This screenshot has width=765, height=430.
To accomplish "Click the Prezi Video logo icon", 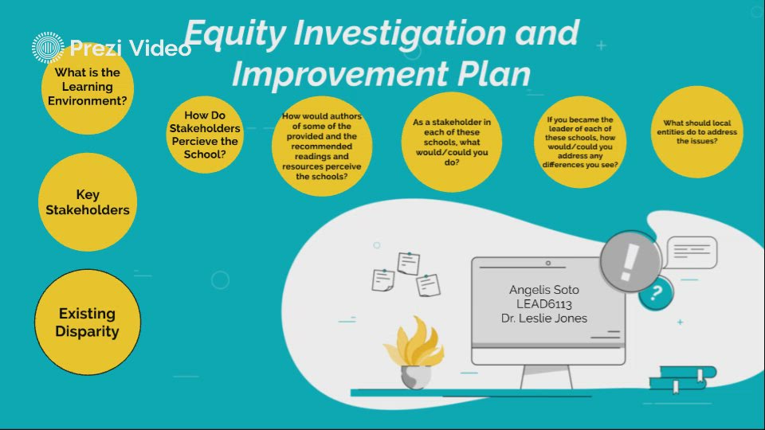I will coord(48,48).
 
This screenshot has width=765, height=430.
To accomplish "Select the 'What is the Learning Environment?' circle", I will coord(87,88).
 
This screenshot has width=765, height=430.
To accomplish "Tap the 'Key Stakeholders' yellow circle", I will coord(87,202).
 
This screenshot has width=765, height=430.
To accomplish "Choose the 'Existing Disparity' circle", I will coord(87,322).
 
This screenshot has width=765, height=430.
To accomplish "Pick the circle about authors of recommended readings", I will coord(321,147).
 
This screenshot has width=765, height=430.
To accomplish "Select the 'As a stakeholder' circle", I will coord(451,143).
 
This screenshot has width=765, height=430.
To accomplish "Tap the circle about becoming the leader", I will coord(579,142).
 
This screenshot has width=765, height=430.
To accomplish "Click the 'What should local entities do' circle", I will coord(700,131).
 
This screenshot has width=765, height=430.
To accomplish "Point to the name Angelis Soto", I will coord(544,289).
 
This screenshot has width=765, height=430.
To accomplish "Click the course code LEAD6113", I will coord(544,303).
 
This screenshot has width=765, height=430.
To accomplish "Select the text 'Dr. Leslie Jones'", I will coord(544,318).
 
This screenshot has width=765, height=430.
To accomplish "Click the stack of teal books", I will coord(683,377).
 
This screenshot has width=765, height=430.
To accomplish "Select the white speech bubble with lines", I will coord(691,252).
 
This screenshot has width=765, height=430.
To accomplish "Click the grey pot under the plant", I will coord(415,376).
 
